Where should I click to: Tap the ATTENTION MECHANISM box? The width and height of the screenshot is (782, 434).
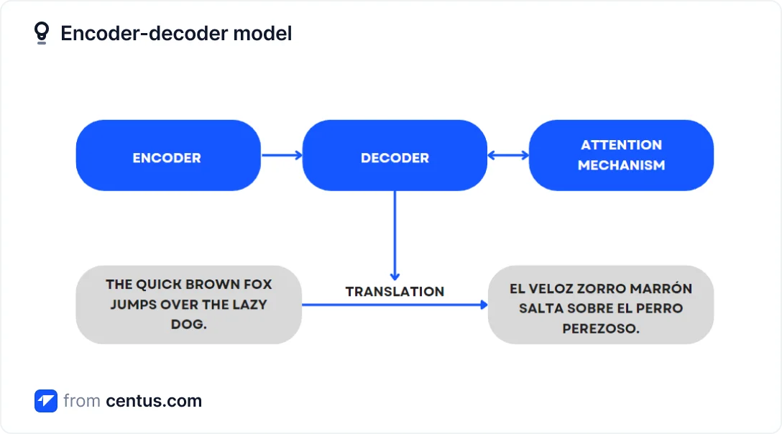[x=621, y=155]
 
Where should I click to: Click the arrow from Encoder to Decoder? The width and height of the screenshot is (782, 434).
[x=281, y=154]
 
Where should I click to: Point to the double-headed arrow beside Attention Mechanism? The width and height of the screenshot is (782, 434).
[x=508, y=154]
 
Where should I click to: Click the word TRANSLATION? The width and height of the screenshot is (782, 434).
[x=395, y=291]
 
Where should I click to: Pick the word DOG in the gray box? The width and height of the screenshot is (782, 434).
[x=188, y=324]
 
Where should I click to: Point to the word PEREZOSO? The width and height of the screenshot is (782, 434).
[x=601, y=328]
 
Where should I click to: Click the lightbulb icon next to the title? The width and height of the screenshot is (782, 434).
[x=42, y=33]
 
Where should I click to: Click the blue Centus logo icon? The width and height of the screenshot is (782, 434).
[x=45, y=401]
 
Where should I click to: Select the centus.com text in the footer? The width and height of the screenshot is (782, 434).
[x=154, y=401]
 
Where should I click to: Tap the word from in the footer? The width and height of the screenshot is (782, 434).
[x=81, y=401]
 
